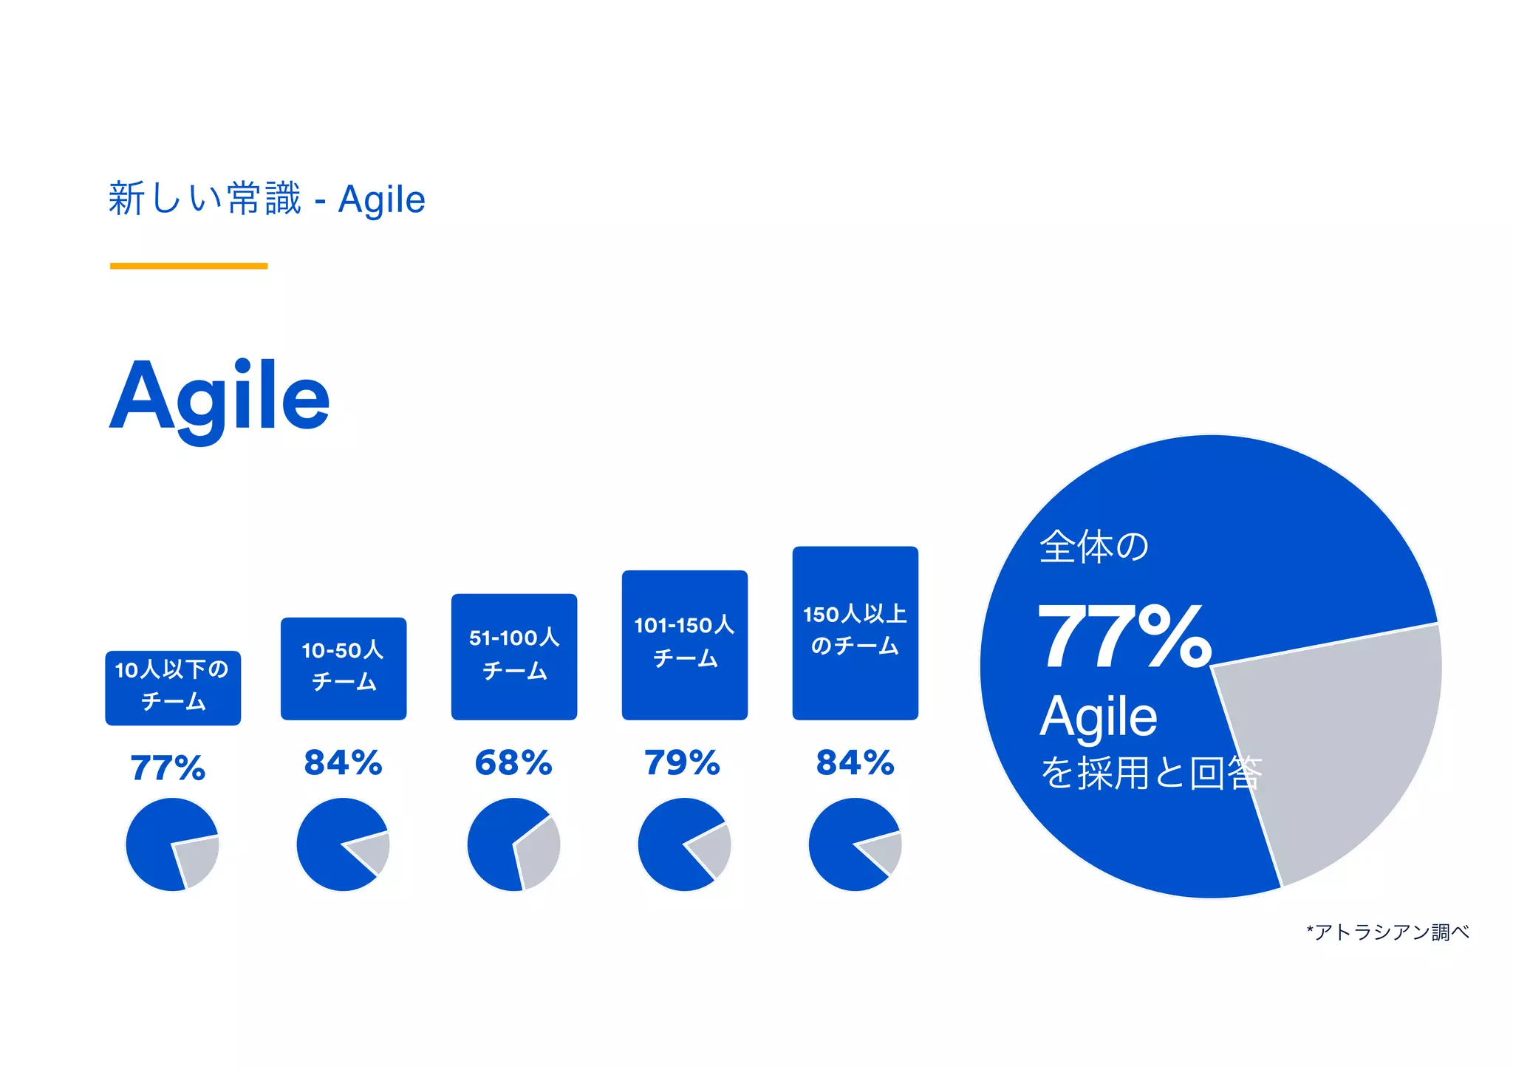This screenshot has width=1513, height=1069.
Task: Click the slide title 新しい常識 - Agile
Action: [x=267, y=199]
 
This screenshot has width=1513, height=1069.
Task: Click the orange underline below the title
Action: [x=188, y=266]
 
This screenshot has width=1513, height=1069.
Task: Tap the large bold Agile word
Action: [x=219, y=397]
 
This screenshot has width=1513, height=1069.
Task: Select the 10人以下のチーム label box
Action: [x=173, y=687]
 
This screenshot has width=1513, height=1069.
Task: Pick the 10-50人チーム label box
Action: [x=344, y=668]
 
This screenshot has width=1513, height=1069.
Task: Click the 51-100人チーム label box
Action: [x=514, y=656]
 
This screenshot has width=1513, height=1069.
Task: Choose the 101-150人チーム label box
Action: [x=685, y=644]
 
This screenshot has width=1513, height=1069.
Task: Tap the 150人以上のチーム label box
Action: [x=855, y=632]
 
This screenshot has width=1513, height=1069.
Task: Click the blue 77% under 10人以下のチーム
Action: [x=168, y=768]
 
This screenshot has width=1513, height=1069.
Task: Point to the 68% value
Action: [x=513, y=763]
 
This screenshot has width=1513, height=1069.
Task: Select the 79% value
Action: [x=682, y=763]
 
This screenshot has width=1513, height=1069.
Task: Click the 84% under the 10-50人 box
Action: [x=343, y=763]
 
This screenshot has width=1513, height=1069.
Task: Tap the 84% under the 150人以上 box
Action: [x=855, y=763]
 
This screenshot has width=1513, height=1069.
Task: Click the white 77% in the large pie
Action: [x=1124, y=637]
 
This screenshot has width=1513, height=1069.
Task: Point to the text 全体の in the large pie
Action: [x=1094, y=547]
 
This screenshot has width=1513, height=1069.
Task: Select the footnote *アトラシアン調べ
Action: [x=1387, y=932]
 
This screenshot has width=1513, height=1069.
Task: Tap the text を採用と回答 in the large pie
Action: [x=1151, y=773]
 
